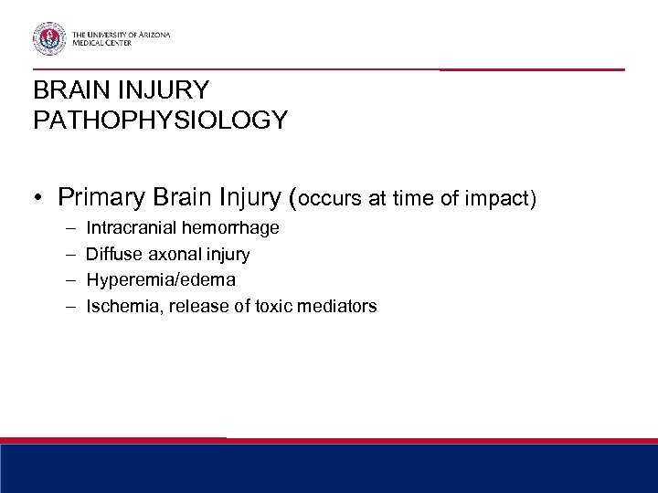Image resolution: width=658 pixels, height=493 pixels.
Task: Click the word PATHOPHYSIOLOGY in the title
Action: point(160,121)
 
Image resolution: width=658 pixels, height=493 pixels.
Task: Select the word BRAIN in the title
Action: point(66,90)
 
